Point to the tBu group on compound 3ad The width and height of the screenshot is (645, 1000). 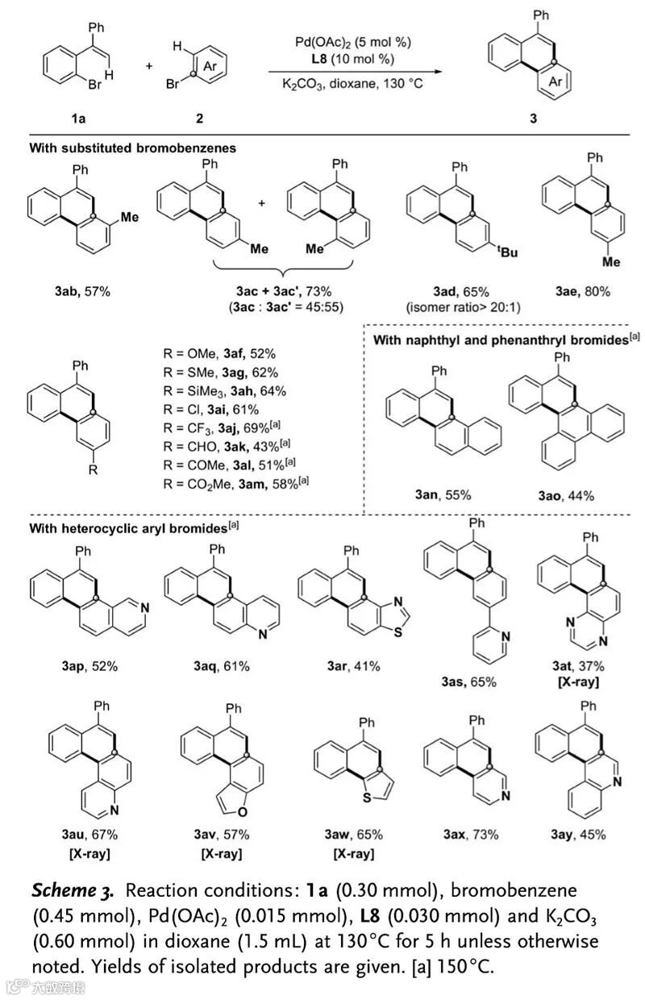pos(507,256)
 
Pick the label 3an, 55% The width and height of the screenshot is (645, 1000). pos(426,494)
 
